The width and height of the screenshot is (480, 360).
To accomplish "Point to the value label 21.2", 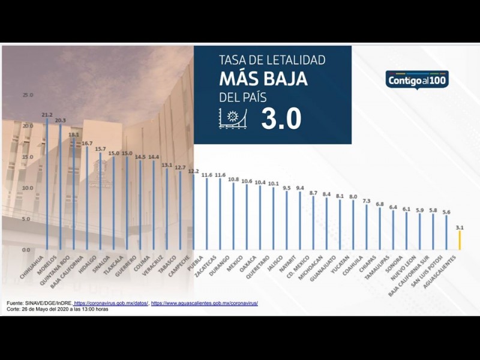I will coord(47,115).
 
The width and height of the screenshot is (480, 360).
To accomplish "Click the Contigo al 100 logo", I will coord(416,79).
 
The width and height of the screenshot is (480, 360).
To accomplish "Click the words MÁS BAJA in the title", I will coord(263,79).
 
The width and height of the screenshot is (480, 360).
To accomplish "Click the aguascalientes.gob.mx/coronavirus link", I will coord(204,304).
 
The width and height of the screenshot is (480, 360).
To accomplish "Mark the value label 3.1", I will coord(459,228).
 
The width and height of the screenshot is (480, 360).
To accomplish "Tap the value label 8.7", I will coord(313,193).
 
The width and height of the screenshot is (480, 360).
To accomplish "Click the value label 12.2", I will coord(193,171).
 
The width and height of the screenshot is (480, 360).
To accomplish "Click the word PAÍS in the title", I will coord(252,97).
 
